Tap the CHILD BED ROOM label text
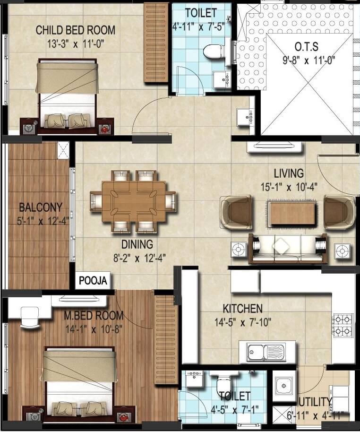pos(76,30)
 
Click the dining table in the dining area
pos(134,201)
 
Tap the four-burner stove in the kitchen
pos(343,325)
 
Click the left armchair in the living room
pos(237,212)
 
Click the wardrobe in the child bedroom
pos(156,43)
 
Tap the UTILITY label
pos(315,402)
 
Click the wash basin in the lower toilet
pos(194,380)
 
